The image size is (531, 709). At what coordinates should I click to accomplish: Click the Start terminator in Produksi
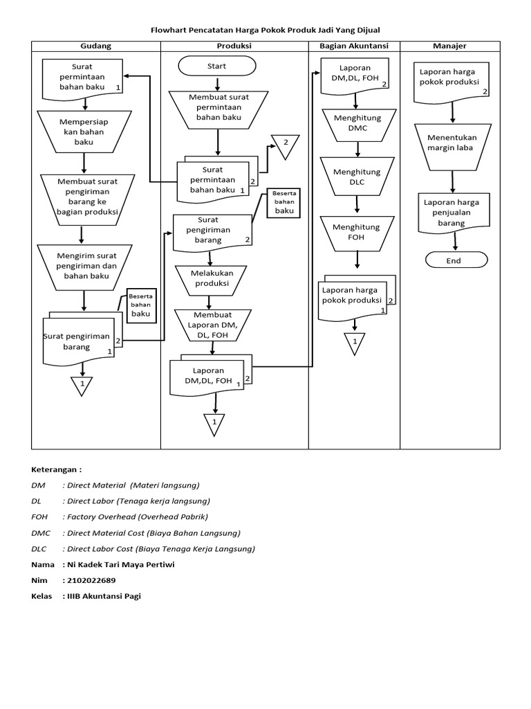click(x=217, y=66)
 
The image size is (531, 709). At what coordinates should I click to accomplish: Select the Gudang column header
click(x=96, y=46)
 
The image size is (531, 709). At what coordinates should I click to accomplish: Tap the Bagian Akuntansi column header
click(x=354, y=46)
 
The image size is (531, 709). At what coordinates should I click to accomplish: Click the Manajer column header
click(x=449, y=46)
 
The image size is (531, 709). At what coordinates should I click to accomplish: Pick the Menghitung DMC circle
click(x=357, y=123)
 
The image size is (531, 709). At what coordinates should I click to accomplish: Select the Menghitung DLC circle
click(x=357, y=177)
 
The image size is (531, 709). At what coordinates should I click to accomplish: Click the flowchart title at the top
click(x=265, y=29)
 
